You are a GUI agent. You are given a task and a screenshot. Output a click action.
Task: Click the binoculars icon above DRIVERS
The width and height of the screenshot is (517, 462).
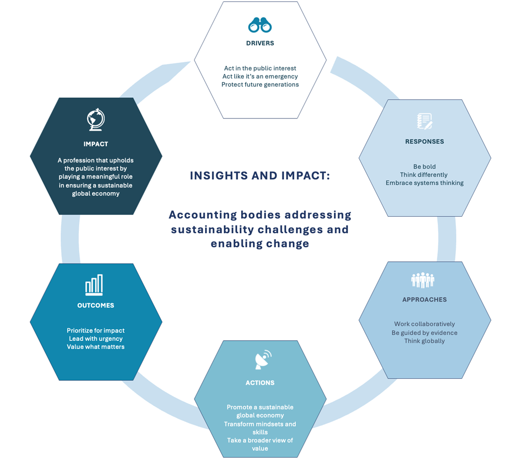coord(260,25)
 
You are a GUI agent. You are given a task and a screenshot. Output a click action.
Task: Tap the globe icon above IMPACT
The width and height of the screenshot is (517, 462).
coord(95,119)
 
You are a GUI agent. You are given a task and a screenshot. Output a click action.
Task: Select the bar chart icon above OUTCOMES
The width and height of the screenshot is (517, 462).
coord(94,285)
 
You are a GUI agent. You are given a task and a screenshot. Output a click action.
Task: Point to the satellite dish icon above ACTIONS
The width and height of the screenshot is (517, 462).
coord(263,359)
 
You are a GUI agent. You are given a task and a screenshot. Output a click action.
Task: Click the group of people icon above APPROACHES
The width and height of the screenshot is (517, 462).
coord(423,280)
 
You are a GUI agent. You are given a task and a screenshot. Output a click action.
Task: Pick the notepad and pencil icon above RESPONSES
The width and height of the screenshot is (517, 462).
coord(424,121)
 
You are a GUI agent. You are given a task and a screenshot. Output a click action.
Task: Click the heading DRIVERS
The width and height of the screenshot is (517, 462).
coord(260,43)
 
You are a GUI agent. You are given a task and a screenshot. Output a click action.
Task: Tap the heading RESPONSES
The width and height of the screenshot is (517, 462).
coord(424,141)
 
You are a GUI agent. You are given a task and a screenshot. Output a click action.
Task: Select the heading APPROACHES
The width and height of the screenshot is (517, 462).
coord(424,299)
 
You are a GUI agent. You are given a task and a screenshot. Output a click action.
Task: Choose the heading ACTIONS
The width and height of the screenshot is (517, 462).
coord(260,383)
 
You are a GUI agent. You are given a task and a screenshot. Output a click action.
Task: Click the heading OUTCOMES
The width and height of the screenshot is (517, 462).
coord(95,305)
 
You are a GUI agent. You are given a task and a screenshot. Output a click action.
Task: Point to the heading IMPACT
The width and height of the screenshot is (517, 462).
coord(95,144)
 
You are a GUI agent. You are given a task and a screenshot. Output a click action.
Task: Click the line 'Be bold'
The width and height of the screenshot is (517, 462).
coord(424,167)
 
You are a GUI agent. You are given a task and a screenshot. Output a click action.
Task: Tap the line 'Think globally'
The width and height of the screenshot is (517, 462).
coord(424,341)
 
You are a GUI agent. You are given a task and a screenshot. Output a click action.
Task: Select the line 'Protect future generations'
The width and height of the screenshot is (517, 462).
coord(260,84)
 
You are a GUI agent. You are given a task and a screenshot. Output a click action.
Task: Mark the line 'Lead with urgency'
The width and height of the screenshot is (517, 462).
coord(95,339)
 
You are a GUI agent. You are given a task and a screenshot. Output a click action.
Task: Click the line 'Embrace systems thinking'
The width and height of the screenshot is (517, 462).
coord(424,183)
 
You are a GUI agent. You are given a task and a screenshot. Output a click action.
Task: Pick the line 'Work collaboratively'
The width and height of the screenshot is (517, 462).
coord(424,324)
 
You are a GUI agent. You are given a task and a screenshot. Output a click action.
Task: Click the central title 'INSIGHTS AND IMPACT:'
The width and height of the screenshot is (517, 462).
coord(260,176)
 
